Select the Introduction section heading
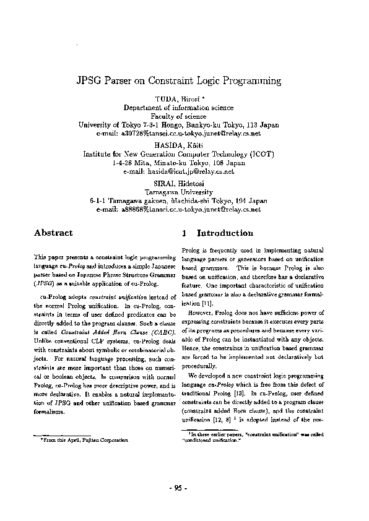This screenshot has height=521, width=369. point(225,233)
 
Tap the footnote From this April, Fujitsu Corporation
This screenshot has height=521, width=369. point(84,439)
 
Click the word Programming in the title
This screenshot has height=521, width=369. point(247,81)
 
